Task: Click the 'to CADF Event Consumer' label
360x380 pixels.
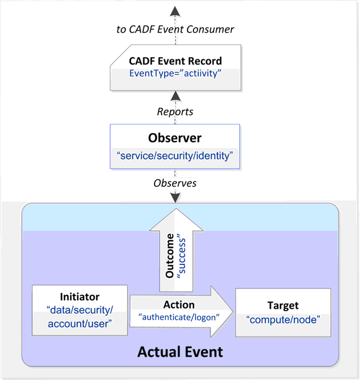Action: click(175, 29)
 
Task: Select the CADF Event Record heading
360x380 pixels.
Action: click(175, 61)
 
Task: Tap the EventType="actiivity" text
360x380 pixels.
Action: click(175, 74)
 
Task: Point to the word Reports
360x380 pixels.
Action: click(175, 112)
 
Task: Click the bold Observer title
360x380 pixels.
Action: click(175, 138)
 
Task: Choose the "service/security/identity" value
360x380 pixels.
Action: click(175, 155)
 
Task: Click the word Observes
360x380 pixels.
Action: click(175, 184)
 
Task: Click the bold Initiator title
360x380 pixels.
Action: click(80, 296)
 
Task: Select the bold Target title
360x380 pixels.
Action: click(283, 305)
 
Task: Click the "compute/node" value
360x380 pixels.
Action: click(283, 320)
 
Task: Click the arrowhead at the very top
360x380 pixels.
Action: click(175, 11)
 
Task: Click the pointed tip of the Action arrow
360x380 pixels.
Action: click(231, 311)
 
